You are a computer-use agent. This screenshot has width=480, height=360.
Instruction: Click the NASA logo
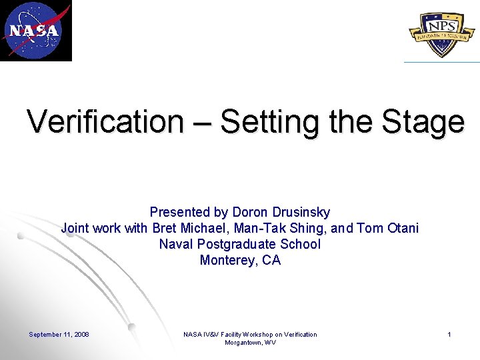[x=35, y=30]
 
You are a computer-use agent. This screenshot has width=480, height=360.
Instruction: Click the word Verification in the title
[x=105, y=121]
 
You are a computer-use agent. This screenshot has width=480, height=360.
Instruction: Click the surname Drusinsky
[x=299, y=212]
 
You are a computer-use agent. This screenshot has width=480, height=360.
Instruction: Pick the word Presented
[x=180, y=212]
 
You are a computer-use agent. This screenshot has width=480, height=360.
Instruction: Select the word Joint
[x=75, y=228]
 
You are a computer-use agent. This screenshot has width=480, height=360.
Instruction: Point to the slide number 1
[x=449, y=334]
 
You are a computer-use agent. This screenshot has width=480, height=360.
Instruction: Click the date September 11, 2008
[x=59, y=334]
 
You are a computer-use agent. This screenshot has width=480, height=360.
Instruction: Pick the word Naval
[x=176, y=244]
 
